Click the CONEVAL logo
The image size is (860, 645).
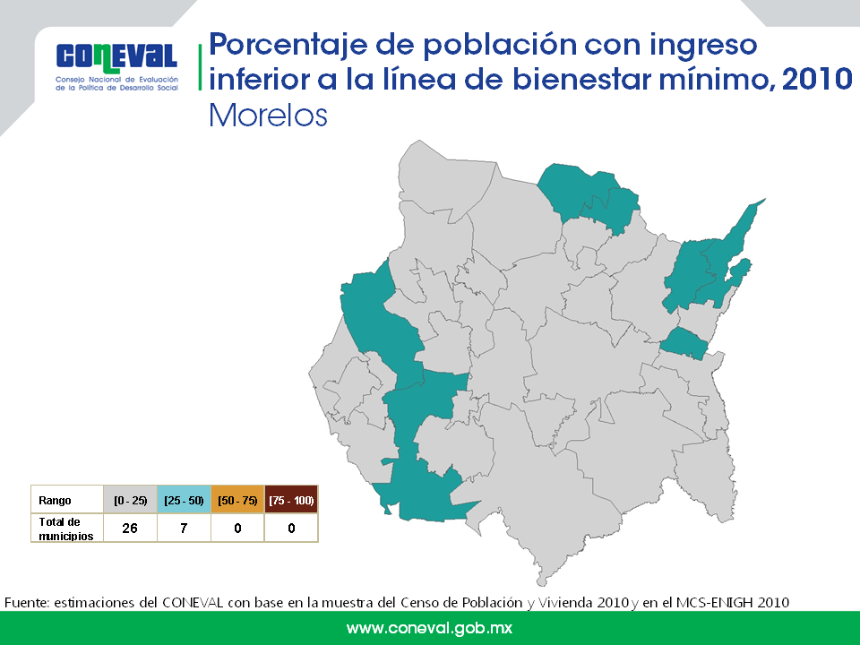click(x=116, y=66)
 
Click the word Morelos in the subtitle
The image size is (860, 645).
click(x=268, y=116)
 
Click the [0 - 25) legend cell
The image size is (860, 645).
click(x=131, y=500)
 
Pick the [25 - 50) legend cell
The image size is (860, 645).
click(x=184, y=500)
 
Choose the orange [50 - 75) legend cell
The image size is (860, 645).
click(x=237, y=500)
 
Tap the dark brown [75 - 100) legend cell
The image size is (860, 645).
click(x=291, y=500)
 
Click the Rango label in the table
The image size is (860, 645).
click(x=55, y=500)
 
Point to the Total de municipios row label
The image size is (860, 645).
click(x=65, y=529)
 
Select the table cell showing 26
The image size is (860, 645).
click(x=130, y=529)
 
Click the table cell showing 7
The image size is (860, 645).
click(x=184, y=529)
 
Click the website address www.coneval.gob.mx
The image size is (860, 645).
click(x=429, y=628)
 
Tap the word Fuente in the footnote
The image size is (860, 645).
click(x=27, y=603)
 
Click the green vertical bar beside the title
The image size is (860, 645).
click(x=200, y=67)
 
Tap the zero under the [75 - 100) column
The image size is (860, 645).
click(x=291, y=529)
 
